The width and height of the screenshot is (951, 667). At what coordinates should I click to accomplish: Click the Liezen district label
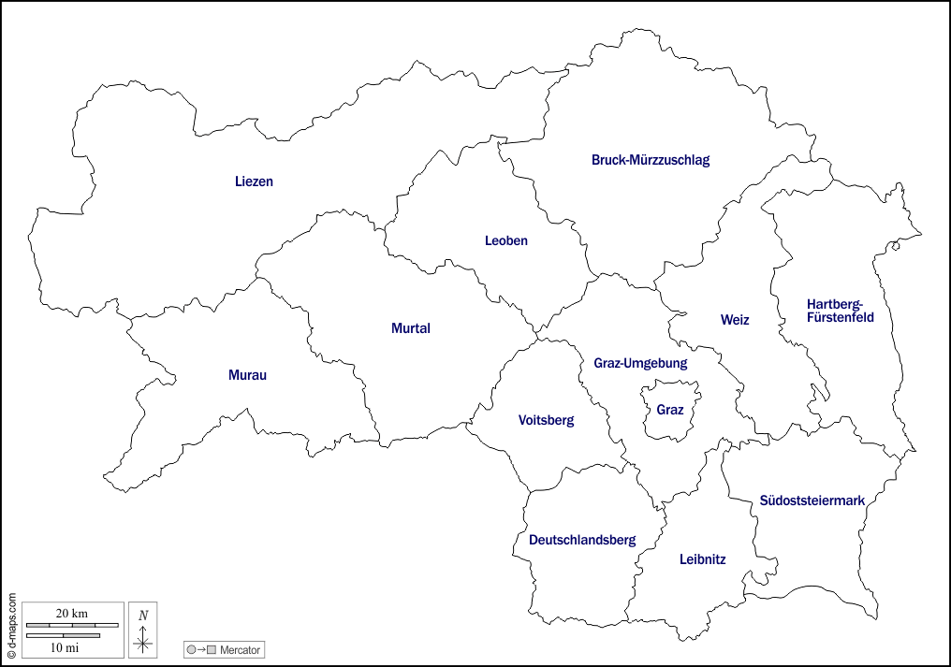[x=254, y=181]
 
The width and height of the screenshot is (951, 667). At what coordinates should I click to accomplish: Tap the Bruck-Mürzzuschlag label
[x=651, y=160]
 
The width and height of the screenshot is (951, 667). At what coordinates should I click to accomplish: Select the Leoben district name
[x=506, y=240]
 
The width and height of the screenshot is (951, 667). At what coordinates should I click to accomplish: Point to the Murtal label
[x=411, y=328]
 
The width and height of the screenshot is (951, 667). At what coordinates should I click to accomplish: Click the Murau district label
[x=248, y=375]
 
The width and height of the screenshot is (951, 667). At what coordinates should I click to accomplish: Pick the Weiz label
[x=735, y=320]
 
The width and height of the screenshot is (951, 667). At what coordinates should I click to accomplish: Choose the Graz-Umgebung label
[x=640, y=363]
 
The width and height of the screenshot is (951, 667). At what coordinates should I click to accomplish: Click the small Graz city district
[x=670, y=410]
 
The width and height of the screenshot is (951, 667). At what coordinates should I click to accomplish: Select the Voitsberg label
[x=547, y=420]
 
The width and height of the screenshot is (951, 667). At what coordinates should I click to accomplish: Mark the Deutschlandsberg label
[x=582, y=540]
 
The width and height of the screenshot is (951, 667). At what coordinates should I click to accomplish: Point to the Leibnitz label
[x=702, y=559]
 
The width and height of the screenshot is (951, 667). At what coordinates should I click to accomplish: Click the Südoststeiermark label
[x=812, y=500]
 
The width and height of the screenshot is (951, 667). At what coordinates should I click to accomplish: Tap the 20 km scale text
[x=72, y=613]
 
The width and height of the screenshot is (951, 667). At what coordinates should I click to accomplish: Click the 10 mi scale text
[x=65, y=646]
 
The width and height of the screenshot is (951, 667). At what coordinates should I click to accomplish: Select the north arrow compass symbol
[x=143, y=631]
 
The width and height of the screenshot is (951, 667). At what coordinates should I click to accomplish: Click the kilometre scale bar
[x=72, y=624]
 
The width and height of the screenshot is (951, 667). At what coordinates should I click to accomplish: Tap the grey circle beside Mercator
[x=191, y=649]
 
